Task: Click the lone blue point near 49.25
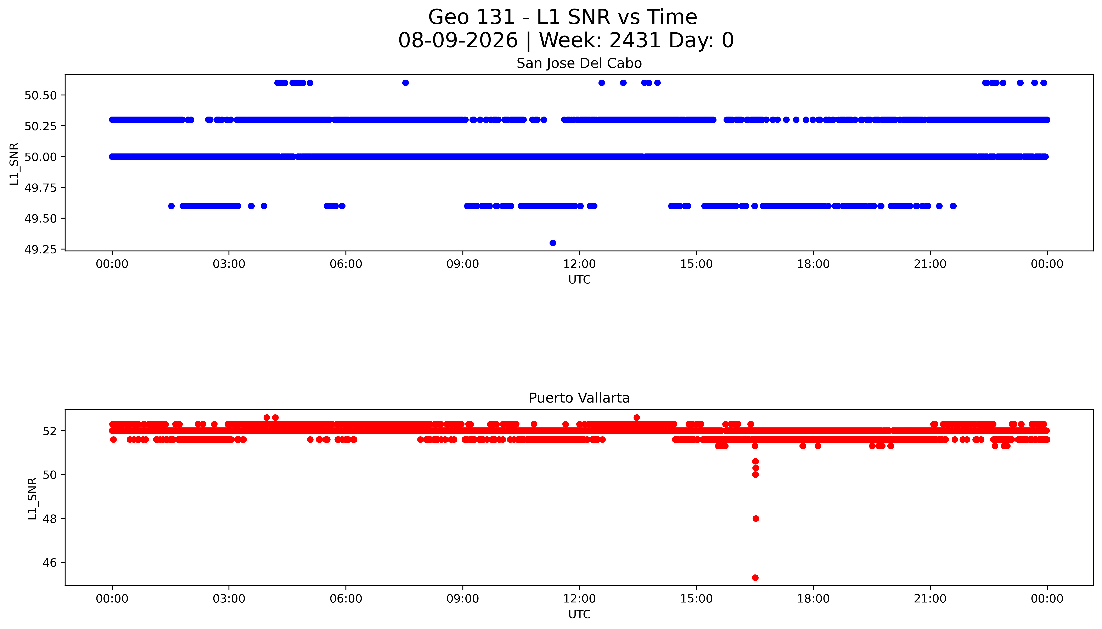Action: (x=552, y=243)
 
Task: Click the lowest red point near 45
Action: (x=755, y=578)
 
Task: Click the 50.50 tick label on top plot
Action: (x=41, y=95)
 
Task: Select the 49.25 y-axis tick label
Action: (x=41, y=250)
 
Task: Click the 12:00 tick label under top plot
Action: (x=579, y=264)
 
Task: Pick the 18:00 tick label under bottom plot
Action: (x=813, y=599)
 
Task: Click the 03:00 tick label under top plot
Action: (x=229, y=264)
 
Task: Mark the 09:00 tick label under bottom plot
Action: (x=463, y=599)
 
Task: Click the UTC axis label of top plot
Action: (x=579, y=280)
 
